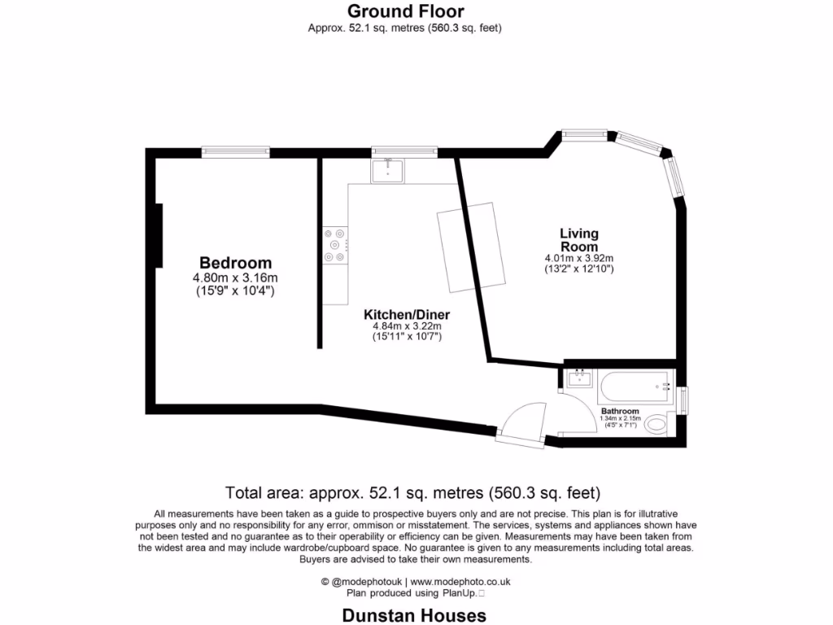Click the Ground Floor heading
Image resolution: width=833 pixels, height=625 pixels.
pyautogui.click(x=405, y=11)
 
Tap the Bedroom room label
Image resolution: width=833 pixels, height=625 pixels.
pyautogui.click(x=235, y=263)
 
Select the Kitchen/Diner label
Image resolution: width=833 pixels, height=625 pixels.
pyautogui.click(x=406, y=315)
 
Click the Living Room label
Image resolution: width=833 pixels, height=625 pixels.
pyautogui.click(x=578, y=240)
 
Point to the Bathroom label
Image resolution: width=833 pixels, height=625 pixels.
pyautogui.click(x=620, y=411)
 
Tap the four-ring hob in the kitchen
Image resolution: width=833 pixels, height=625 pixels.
pyautogui.click(x=335, y=244)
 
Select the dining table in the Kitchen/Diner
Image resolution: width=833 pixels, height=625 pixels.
pyautogui.click(x=468, y=247)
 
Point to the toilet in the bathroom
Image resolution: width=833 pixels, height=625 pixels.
pyautogui.click(x=658, y=425)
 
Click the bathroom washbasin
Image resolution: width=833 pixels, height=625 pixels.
pyautogui.click(x=580, y=378)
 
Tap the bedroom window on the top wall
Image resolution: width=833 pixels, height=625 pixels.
pyautogui.click(x=236, y=151)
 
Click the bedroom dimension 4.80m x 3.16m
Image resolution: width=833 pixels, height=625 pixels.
pyautogui.click(x=235, y=278)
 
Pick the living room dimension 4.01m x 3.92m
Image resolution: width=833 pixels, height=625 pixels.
pyautogui.click(x=578, y=258)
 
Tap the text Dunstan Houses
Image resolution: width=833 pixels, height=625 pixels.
pyautogui.click(x=414, y=615)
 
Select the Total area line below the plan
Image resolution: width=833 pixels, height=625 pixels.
pyautogui.click(x=412, y=492)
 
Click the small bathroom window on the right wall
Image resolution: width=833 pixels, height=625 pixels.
pyautogui.click(x=683, y=400)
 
